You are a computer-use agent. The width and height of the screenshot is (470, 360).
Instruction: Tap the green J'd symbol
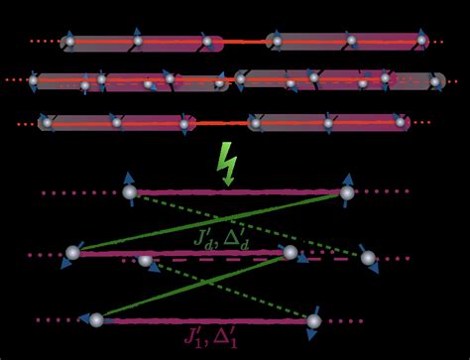pyautogui.click(x=204, y=238)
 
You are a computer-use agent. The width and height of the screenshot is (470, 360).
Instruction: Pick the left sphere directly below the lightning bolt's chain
pyautogui.click(x=129, y=191)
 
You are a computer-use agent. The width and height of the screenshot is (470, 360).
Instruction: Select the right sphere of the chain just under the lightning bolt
pyautogui.click(x=347, y=192)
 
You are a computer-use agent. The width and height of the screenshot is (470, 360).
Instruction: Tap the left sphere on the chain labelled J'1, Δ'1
pyautogui.click(x=96, y=319)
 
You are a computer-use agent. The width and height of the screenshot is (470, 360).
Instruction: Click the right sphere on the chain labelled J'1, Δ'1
pyautogui.click(x=313, y=320)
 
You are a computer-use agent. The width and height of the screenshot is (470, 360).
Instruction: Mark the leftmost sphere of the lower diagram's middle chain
pyautogui.click(x=72, y=253)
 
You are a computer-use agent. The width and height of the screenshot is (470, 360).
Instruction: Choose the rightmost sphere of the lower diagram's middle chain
pyautogui.click(x=369, y=258)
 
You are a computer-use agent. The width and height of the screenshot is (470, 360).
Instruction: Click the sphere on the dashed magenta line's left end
pyautogui.click(x=146, y=260)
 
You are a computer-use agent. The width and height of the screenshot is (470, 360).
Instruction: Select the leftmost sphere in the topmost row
pyautogui.click(x=68, y=42)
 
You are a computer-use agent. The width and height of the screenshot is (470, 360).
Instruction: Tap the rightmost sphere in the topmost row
pyautogui.click(x=421, y=41)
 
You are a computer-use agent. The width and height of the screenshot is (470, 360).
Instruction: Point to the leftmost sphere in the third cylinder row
pyautogui.click(x=46, y=123)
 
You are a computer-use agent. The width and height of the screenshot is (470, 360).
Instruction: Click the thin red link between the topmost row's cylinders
pyautogui.click(x=242, y=42)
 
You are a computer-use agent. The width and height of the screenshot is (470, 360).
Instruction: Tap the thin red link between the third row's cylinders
pyautogui.click(x=220, y=124)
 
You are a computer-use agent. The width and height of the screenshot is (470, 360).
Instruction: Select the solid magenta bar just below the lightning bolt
pyautogui.click(x=238, y=191)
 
